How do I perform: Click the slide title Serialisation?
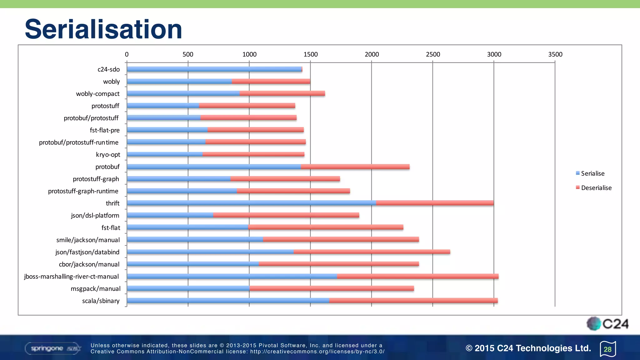click(103, 29)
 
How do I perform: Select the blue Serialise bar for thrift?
click(251, 203)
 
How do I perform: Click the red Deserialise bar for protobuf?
click(355, 167)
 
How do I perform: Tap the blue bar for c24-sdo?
click(214, 69)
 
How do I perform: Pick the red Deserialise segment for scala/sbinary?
click(413, 301)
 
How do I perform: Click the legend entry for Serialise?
click(592, 173)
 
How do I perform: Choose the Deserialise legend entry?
click(596, 188)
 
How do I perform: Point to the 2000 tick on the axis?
click(372, 54)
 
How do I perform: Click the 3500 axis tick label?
click(555, 54)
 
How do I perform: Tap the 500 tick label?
click(188, 54)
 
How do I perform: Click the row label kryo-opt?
click(108, 155)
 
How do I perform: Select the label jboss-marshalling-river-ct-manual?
click(72, 277)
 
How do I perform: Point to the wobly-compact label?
click(97, 94)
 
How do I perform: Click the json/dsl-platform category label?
click(95, 216)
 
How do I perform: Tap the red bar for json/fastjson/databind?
click(372, 252)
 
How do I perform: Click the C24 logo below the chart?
click(607, 324)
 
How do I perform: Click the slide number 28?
click(607, 349)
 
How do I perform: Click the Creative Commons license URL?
click(317, 352)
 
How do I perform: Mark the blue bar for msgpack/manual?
click(188, 288)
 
